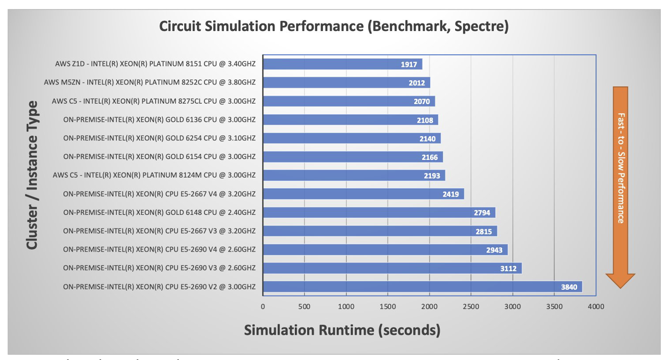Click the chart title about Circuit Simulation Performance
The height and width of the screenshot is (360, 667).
333,27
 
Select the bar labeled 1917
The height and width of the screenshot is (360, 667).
342,64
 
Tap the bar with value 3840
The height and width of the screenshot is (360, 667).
422,286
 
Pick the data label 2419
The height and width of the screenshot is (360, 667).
451,194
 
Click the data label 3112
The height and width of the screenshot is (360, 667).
508,268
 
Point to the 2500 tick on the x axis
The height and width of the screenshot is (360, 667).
471,307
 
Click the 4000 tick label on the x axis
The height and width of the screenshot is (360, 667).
596,307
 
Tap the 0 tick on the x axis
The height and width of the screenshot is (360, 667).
263,307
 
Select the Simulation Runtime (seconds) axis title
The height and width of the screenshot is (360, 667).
342,330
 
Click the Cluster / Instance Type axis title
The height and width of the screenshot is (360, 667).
32,175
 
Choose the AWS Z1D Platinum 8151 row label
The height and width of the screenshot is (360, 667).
155,64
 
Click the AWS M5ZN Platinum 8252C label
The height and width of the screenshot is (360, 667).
150,83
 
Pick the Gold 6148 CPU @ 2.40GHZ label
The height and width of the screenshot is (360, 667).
159,212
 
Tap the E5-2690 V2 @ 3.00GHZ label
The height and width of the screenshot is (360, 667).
159,286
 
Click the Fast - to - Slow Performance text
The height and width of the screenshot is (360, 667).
621,168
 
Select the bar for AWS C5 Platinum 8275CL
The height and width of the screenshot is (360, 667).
349,101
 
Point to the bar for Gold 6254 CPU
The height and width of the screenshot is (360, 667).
352,138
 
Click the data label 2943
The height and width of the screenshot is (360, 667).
494,250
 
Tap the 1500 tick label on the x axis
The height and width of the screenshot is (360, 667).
388,307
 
